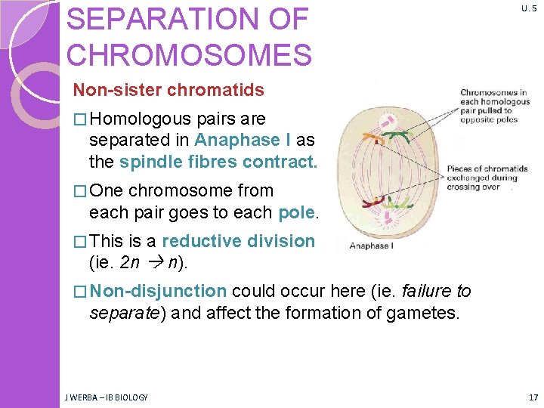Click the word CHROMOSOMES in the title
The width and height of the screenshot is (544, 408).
point(189,55)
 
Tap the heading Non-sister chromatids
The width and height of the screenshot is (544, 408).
point(168,91)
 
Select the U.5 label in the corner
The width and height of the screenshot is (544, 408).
point(528,8)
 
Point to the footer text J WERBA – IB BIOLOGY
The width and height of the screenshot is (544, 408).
point(106,397)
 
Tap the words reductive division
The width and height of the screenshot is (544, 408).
point(238,242)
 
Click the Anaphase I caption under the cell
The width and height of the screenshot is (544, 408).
point(370,245)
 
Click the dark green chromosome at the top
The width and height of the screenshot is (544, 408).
point(398,137)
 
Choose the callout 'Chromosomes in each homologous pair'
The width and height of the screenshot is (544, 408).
point(494,107)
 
